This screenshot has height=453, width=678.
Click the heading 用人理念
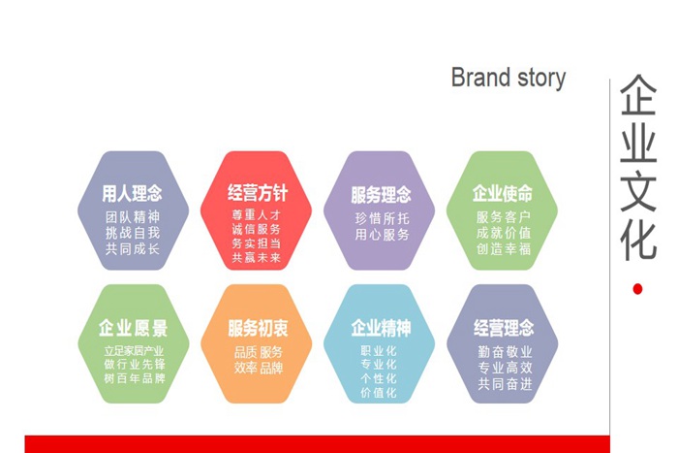click(133, 194)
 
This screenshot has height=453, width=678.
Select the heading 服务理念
click(381, 195)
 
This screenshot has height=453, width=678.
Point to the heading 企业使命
click(503, 193)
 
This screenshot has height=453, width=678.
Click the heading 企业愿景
click(133, 328)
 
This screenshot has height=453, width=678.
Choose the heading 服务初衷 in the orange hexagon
click(258, 328)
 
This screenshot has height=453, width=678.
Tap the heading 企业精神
click(380, 327)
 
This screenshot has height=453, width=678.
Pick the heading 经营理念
click(504, 328)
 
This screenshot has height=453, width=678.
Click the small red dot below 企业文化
click(637, 288)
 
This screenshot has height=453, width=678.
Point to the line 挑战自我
click(133, 233)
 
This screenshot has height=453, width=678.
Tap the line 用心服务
click(381, 234)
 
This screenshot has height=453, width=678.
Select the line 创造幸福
click(503, 249)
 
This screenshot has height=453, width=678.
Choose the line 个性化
click(379, 378)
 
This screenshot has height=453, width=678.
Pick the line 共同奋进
click(504, 384)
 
